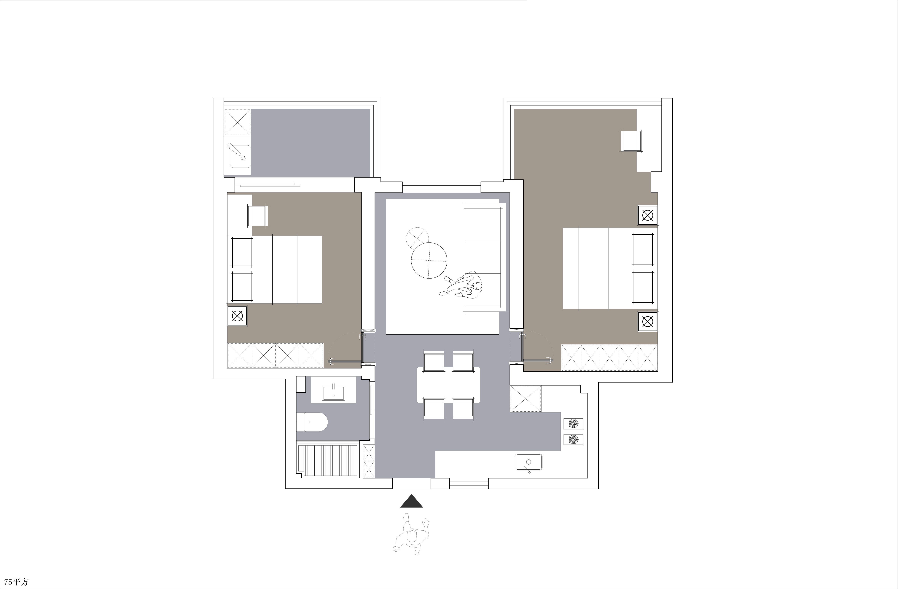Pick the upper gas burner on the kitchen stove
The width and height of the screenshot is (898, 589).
pyautogui.click(x=573, y=424)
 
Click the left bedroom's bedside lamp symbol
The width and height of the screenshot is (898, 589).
pyautogui.click(x=237, y=316)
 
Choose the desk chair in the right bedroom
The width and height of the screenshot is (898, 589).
pyautogui.click(x=632, y=141)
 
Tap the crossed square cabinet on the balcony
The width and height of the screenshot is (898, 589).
pyautogui.click(x=238, y=122)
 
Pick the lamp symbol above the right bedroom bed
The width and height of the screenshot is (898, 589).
pyautogui.click(x=647, y=215)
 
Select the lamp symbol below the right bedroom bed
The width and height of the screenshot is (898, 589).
pyautogui.click(x=647, y=322)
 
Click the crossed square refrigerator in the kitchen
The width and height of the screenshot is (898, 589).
pyautogui.click(x=526, y=399)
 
